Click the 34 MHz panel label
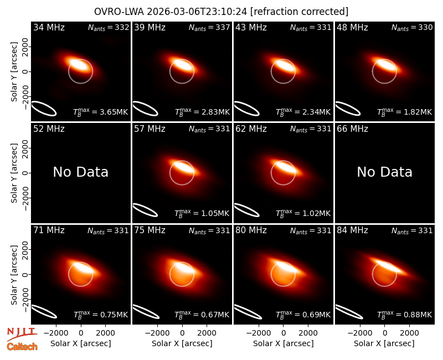(49, 27)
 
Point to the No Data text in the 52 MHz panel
(80, 172)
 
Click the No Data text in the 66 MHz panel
(384, 172)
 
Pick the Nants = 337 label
(209, 27)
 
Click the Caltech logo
(22, 347)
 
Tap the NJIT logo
(22, 334)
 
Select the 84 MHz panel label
(352, 230)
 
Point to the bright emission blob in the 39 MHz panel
(182, 65)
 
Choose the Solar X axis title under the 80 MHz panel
(284, 343)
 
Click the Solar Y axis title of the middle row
(14, 173)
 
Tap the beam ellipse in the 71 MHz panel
(44, 312)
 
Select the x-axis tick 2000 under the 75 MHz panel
(207, 333)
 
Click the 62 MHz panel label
(251, 129)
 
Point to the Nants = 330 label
(412, 27)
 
